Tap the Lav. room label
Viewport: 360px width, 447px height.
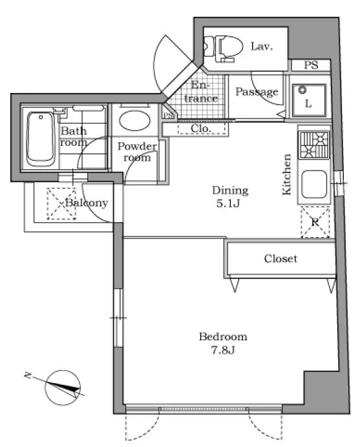pyautogui.click(x=262, y=46)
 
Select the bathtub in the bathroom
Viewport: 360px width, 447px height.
pyautogui.click(x=41, y=139)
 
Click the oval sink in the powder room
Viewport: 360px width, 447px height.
pyautogui.click(x=134, y=120)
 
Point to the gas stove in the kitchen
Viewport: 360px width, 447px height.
pyautogui.click(x=313, y=145)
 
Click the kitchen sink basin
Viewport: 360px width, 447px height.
pyautogui.click(x=313, y=184)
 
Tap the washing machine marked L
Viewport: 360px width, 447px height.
pyautogui.click(x=309, y=100)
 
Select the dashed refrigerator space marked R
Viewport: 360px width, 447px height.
pyautogui.click(x=315, y=222)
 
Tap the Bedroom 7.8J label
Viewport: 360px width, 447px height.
pyautogui.click(x=223, y=343)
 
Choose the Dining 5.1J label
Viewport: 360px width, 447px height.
pyautogui.click(x=230, y=196)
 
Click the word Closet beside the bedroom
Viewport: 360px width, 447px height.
pyautogui.click(x=281, y=258)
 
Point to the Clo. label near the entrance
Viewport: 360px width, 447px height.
pyautogui.click(x=201, y=129)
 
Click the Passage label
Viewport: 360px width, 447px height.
pyautogui.click(x=257, y=92)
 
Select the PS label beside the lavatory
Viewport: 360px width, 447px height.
pyautogui.click(x=311, y=65)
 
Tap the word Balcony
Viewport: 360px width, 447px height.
pyautogui.click(x=87, y=203)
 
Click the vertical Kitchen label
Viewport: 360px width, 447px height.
pyautogui.click(x=287, y=174)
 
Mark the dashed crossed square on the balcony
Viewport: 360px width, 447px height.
pyautogui.click(x=61, y=203)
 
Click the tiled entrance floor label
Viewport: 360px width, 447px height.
pyautogui.click(x=201, y=92)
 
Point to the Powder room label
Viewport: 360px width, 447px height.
pyautogui.click(x=137, y=152)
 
